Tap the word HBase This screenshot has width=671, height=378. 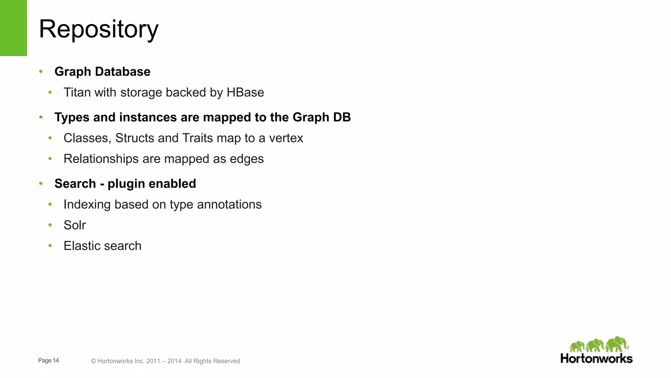tap(245, 93)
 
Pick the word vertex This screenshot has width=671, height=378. tap(286, 138)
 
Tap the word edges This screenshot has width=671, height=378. tap(247, 159)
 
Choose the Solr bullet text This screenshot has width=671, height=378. tap(75, 225)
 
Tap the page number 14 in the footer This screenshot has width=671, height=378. tap(56, 360)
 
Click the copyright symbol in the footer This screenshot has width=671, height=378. tap(93, 361)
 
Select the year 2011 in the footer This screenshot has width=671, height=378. tap(153, 361)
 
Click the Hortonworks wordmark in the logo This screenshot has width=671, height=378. tap(596, 358)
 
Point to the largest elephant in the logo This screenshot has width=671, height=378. tap(617, 344)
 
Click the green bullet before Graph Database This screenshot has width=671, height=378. tap(41, 71)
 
